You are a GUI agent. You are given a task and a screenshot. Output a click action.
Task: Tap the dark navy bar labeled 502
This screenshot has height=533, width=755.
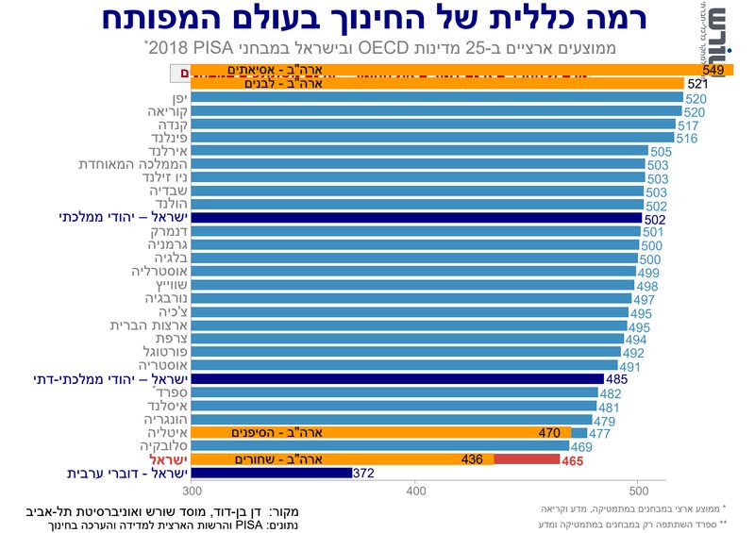[x=415, y=218]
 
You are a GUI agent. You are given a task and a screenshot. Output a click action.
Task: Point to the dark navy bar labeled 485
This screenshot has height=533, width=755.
[x=396, y=379]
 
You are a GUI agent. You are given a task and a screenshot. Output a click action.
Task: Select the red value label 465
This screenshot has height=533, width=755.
[x=573, y=460]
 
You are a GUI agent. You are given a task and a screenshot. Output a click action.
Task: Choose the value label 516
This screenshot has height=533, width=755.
[x=687, y=138]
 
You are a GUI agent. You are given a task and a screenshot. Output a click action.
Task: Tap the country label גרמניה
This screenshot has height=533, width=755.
[x=161, y=245]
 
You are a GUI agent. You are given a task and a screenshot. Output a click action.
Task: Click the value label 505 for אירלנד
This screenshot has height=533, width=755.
[x=661, y=151]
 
